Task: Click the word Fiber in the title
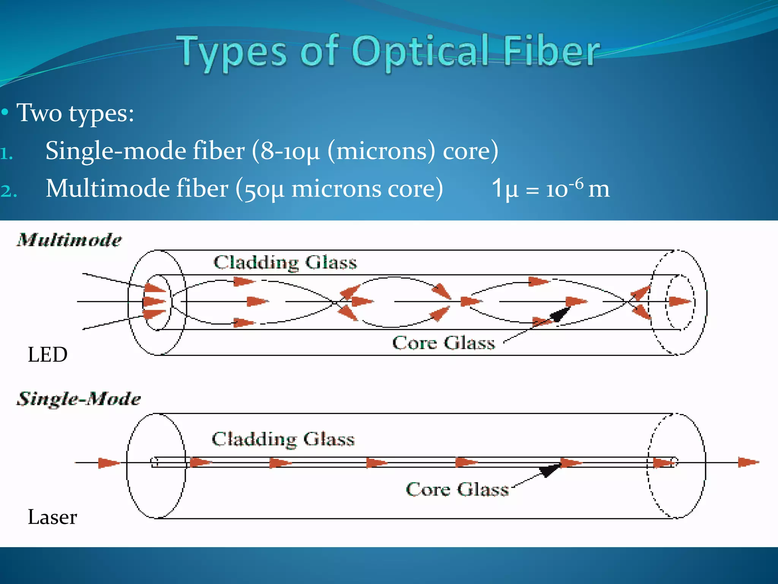tap(551, 52)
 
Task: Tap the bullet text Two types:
tap(75, 113)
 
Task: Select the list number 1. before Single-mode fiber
tap(7, 154)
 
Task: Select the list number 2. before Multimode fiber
tap(8, 191)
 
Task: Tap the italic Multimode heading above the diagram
tap(69, 240)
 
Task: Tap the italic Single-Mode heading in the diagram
tap(79, 399)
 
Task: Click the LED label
tap(47, 355)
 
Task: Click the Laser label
tap(52, 517)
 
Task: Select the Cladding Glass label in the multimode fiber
tap(285, 262)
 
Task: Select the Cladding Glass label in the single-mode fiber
tap(283, 439)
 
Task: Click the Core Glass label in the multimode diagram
tap(443, 343)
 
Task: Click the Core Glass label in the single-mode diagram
tap(457, 489)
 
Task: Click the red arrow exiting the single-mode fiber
tap(748, 462)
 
